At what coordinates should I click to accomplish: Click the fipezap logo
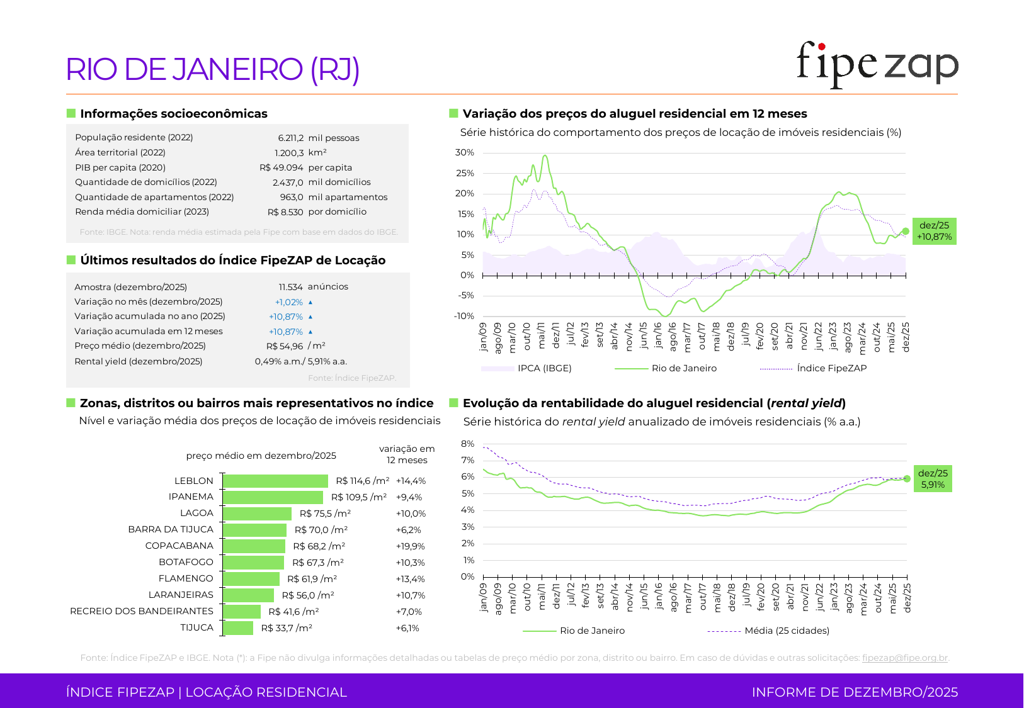click(x=877, y=65)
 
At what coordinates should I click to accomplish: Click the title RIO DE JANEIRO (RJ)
click(x=213, y=69)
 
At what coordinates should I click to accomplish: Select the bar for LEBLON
click(x=276, y=481)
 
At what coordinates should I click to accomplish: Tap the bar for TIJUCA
click(x=239, y=628)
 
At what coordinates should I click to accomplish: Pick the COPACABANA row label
click(x=179, y=546)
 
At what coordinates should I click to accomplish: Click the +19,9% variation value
click(x=410, y=546)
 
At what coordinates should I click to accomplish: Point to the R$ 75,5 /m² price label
click(x=325, y=514)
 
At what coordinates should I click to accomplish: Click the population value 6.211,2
click(x=290, y=138)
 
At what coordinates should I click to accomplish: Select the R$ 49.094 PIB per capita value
click(x=282, y=167)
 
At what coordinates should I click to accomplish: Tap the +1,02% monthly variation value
click(x=289, y=302)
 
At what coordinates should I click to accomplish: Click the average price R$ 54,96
click(x=285, y=346)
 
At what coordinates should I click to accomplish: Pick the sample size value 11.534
click(x=291, y=287)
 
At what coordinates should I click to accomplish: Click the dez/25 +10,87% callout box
click(x=934, y=231)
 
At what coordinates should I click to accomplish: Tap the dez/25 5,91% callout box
click(x=933, y=479)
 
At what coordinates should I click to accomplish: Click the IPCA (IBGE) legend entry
click(x=544, y=368)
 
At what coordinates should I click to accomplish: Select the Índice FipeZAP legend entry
click(x=831, y=368)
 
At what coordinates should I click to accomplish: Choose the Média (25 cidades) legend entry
click(x=787, y=631)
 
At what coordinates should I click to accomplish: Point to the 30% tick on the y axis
click(x=465, y=153)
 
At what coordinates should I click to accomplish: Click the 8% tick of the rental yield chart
click(x=468, y=444)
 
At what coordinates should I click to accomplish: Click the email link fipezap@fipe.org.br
click(x=904, y=658)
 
